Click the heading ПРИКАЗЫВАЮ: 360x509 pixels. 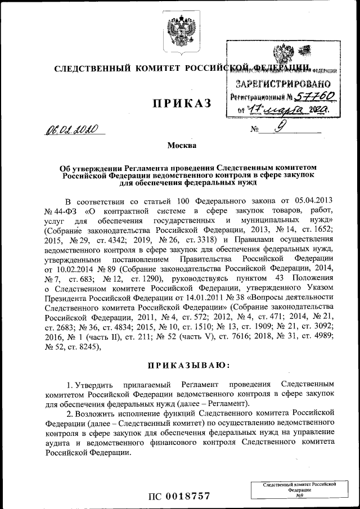point(189,366)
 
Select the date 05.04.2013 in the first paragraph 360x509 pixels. point(315,200)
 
